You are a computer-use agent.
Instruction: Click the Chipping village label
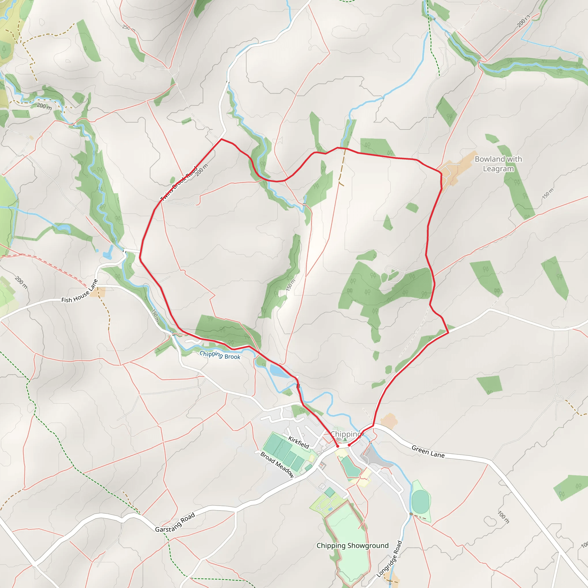coord(345,434)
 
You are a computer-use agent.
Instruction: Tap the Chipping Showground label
coord(353,546)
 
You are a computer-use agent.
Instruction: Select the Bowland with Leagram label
coord(498,164)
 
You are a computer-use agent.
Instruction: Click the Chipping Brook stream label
coord(220,355)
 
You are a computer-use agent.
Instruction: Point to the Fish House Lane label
coord(80,291)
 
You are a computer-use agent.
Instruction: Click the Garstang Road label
coord(175,523)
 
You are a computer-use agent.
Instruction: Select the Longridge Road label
coord(389,559)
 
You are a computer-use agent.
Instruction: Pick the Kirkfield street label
coord(299,442)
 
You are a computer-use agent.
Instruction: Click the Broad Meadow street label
coord(277,465)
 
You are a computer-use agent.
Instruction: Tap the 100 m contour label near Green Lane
coord(503,517)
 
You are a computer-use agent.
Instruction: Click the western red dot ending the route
coord(338,446)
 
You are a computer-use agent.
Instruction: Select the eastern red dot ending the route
coord(349,445)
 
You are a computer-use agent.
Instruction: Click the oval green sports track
coord(420,501)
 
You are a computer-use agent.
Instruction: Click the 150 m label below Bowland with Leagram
coord(548,194)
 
